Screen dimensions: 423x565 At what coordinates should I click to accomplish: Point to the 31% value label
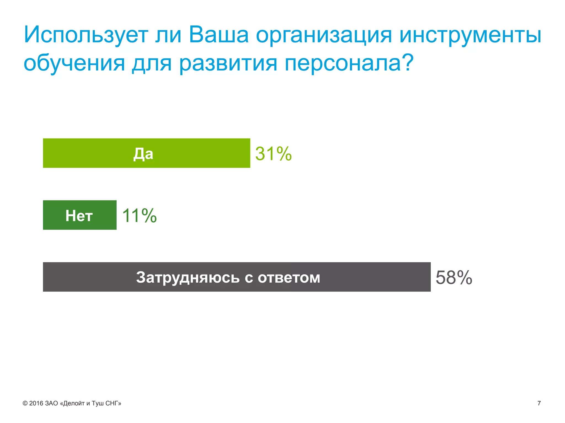[x=273, y=154]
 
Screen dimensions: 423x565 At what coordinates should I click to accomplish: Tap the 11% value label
[x=139, y=215]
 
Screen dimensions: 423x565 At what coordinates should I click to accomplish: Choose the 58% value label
[x=454, y=277]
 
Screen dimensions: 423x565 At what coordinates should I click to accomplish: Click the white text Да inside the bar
[x=143, y=154]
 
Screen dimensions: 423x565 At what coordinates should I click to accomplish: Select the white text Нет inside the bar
[x=79, y=216]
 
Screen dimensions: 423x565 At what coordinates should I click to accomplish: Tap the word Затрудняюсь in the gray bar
[x=188, y=278]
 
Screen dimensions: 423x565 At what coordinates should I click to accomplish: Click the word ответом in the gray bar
[x=289, y=278]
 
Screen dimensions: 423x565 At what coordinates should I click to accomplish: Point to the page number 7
[x=539, y=403]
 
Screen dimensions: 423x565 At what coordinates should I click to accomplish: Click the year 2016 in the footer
[x=36, y=403]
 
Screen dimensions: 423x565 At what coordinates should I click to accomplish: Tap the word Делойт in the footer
[x=74, y=403]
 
